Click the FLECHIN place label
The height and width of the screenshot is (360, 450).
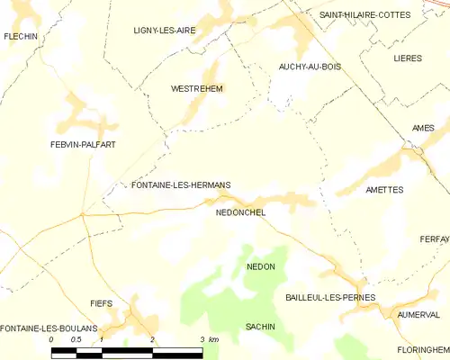point(19,36)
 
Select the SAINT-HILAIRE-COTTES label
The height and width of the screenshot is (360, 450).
point(364,15)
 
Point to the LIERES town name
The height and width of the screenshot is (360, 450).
point(408,58)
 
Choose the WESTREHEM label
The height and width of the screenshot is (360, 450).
point(197,89)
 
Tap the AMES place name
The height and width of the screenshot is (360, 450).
point(423,128)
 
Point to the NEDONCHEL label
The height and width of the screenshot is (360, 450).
point(240,213)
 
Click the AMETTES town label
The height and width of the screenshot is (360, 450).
point(384,190)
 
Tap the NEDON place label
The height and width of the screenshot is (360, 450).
point(260,267)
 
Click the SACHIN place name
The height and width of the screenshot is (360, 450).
point(261,327)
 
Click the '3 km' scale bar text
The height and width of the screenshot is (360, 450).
point(208,340)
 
